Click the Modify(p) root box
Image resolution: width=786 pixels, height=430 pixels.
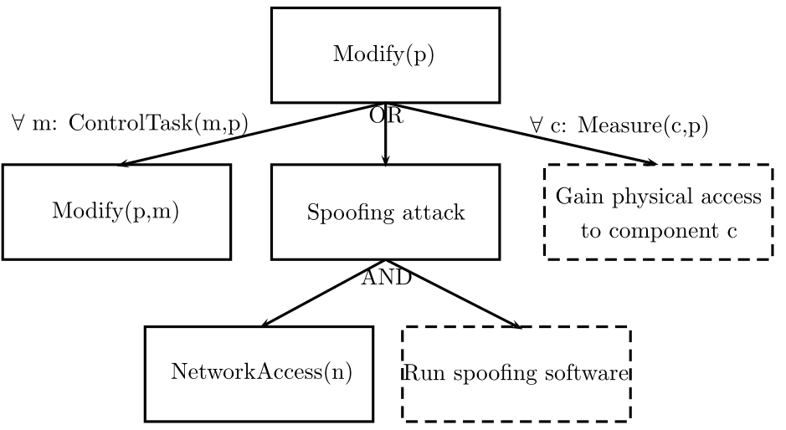(385, 55)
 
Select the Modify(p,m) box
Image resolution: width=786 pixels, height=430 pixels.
(116, 212)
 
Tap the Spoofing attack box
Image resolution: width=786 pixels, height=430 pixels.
(385, 212)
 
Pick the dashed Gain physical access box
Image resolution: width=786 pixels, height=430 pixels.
(658, 212)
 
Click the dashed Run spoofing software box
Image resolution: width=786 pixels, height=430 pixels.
(516, 372)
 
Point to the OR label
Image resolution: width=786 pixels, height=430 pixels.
(386, 117)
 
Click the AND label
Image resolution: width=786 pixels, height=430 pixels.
(386, 279)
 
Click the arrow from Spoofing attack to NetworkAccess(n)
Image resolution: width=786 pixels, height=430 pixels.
(322, 293)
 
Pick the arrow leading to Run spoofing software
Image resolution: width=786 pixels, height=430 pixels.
(452, 294)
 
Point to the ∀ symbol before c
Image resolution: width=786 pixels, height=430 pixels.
(537, 125)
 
